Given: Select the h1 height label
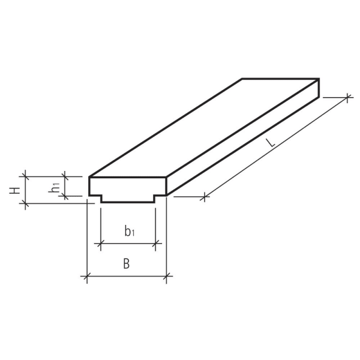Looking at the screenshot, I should point(55,187).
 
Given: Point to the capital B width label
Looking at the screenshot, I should point(127,263).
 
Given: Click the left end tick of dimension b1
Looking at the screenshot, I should point(101,244).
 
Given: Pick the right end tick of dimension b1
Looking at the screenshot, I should point(156,244).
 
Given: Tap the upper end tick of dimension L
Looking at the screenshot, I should point(346,98).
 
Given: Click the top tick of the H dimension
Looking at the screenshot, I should point(25,176).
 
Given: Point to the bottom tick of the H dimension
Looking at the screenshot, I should point(25,203).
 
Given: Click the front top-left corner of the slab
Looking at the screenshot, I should point(89,177).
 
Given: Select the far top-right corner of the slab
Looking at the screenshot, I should point(319,79).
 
